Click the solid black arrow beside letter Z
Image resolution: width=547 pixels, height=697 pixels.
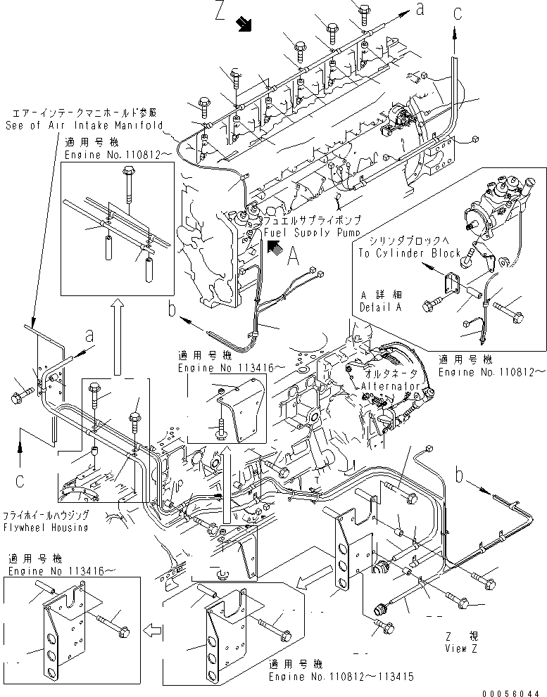[x=244, y=25]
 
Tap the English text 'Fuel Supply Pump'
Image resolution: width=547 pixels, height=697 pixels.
[x=312, y=231]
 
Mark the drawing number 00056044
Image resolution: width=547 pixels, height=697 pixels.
[x=513, y=691]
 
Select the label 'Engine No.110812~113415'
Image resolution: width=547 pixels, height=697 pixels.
[x=340, y=676]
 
